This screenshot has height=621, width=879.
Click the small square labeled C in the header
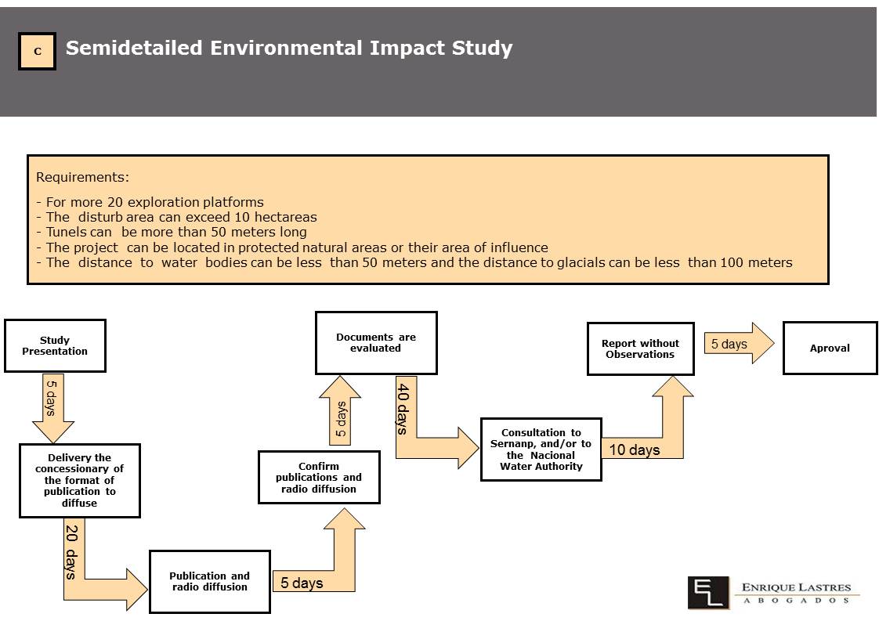click(x=37, y=51)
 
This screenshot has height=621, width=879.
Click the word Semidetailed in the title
click(x=134, y=49)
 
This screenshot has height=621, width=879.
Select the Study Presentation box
click(x=55, y=346)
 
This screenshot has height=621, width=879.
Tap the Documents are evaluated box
click(x=376, y=342)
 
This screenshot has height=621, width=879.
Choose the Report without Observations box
click(x=640, y=348)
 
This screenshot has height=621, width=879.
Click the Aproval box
click(x=830, y=348)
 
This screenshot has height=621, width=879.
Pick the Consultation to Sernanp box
click(x=541, y=450)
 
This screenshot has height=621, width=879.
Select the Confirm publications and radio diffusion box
click(x=319, y=478)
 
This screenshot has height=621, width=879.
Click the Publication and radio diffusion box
click(x=210, y=582)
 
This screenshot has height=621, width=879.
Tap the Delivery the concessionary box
click(x=80, y=480)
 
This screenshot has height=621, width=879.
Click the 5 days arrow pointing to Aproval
click(x=739, y=343)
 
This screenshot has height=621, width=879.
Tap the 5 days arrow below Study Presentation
click(x=53, y=408)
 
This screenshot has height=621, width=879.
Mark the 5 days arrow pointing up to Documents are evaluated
click(x=340, y=410)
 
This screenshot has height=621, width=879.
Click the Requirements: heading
click(x=82, y=177)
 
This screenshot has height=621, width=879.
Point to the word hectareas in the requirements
click(x=286, y=217)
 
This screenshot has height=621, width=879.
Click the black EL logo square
click(x=708, y=592)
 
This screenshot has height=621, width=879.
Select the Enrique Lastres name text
click(x=797, y=587)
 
